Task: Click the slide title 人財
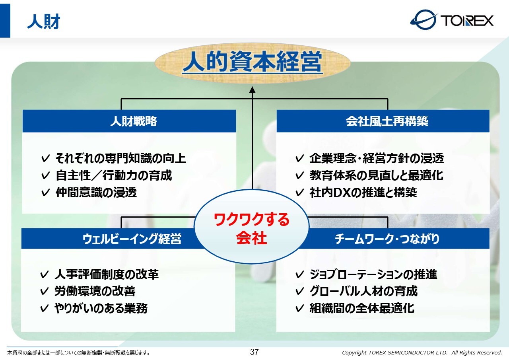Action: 43,21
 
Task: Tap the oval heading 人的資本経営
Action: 253,61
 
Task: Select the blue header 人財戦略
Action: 134,121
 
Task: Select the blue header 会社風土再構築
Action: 387,121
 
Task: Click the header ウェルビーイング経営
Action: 132,239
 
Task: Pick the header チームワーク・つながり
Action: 387,239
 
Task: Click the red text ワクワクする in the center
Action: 252,219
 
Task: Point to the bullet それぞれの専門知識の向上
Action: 120,158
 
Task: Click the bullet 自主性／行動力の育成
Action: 114,175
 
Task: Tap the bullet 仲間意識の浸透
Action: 96,192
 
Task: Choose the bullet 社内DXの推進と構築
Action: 363,192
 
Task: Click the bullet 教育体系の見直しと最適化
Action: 376,175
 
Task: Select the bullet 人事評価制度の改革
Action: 107,274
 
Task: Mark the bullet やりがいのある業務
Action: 101,308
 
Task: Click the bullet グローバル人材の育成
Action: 363,291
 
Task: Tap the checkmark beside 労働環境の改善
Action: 44,291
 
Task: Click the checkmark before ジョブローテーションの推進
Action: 299,274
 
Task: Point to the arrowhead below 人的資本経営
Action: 252,90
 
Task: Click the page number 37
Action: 254,352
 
